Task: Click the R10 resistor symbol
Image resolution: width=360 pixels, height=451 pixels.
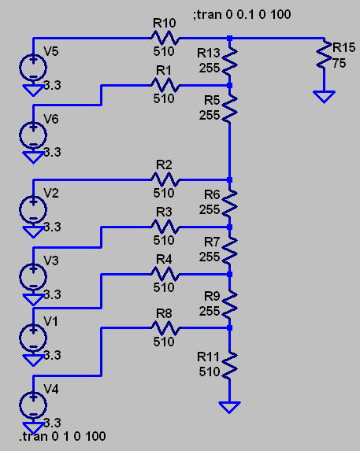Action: pos(165,38)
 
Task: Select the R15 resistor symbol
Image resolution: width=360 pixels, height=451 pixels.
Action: pos(324,54)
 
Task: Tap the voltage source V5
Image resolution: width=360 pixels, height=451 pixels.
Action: pos(33,68)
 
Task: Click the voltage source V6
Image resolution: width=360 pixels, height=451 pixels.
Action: pos(33,135)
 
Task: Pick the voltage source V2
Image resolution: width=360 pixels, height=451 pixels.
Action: pos(33,209)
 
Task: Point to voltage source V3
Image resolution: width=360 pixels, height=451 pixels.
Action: pos(33,277)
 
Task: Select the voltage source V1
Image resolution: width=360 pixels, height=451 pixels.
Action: pos(33,338)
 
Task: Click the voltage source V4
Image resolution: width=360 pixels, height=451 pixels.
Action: pos(33,405)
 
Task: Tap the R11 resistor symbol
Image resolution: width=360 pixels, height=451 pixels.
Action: pos(230,365)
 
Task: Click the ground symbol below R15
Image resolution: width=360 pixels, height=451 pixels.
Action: pos(324,97)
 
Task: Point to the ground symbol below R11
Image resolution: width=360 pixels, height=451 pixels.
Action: pos(230,408)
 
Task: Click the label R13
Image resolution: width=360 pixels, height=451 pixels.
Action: pos(209,53)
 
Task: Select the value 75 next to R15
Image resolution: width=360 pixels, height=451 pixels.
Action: pos(340,63)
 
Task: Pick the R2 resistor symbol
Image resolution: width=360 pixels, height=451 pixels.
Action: pos(165,179)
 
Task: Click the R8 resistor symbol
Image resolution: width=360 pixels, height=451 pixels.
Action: pos(165,328)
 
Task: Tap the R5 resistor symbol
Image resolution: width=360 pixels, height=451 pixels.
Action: pos(230,109)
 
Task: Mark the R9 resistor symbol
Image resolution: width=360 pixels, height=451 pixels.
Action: pos(230,305)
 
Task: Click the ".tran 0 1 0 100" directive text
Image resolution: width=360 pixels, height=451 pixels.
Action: pos(62,436)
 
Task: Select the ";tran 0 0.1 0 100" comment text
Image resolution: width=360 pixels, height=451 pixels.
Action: pos(242,14)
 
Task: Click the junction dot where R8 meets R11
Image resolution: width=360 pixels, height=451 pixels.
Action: pos(230,328)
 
